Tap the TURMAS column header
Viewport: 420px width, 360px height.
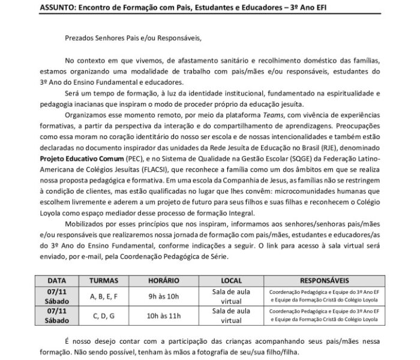[107, 280]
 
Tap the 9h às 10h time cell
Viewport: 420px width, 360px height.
[161, 296]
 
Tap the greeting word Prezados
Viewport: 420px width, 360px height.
[81, 38]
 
